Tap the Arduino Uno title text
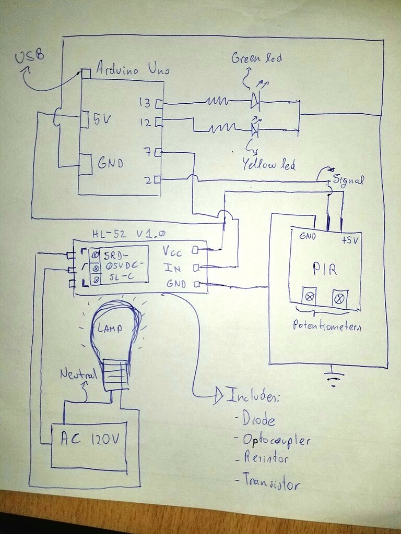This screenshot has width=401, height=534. (133, 68)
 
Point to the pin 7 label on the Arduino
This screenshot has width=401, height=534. (148, 152)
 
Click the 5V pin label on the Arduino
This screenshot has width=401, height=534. (101, 119)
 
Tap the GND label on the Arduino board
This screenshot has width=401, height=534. (110, 163)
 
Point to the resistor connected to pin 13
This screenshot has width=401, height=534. (217, 101)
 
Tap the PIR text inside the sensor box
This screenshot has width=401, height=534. (325, 269)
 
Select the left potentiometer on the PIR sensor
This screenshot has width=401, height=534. (310, 297)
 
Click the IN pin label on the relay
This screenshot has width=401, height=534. (173, 268)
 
